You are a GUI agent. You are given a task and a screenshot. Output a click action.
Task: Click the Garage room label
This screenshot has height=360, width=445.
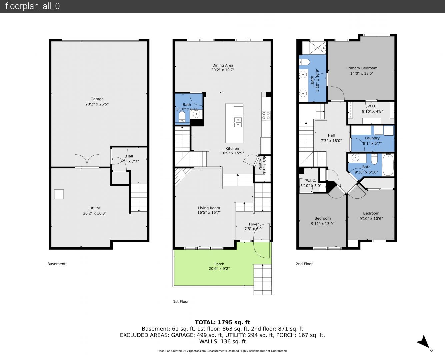(x=97, y=99)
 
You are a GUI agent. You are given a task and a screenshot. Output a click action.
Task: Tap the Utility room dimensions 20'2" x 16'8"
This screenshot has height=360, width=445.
(x=95, y=213)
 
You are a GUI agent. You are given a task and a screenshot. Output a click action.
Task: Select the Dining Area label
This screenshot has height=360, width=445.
(x=223, y=65)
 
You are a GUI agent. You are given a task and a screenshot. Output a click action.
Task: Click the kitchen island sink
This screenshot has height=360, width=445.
(x=238, y=122)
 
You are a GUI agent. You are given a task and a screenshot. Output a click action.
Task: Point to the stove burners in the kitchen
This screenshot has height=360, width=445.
(x=266, y=116)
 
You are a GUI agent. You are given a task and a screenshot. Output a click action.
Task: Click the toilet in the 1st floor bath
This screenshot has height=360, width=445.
(x=182, y=117)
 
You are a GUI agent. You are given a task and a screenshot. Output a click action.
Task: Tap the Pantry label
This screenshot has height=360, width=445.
(x=260, y=165)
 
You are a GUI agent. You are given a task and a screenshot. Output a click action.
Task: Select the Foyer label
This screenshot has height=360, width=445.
(x=254, y=224)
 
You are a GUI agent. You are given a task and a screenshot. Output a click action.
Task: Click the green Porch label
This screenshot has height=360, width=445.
(x=219, y=264)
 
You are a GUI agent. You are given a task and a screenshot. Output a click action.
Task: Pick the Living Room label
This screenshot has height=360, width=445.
(x=209, y=208)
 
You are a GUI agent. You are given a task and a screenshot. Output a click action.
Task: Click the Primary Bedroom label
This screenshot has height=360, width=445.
(x=362, y=68)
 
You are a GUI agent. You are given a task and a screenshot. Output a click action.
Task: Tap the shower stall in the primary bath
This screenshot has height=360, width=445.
(x=317, y=48)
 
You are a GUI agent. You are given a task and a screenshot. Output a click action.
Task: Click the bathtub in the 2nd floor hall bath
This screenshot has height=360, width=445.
(x=388, y=165)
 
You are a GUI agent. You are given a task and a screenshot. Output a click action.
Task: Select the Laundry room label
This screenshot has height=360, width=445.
(x=372, y=138)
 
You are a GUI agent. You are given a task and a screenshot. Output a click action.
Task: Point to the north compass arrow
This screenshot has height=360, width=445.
(x=424, y=343)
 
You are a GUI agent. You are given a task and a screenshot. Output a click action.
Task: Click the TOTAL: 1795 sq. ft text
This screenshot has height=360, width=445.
(x=223, y=322)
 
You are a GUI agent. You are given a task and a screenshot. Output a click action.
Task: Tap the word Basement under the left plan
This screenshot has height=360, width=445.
(x=56, y=264)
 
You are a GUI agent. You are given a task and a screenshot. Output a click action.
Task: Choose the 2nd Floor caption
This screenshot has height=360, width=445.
(x=304, y=264)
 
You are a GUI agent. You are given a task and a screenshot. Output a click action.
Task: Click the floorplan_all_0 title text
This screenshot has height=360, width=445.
(x=33, y=6)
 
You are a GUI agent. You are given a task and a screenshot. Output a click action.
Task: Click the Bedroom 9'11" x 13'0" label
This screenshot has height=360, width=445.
(x=323, y=221)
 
